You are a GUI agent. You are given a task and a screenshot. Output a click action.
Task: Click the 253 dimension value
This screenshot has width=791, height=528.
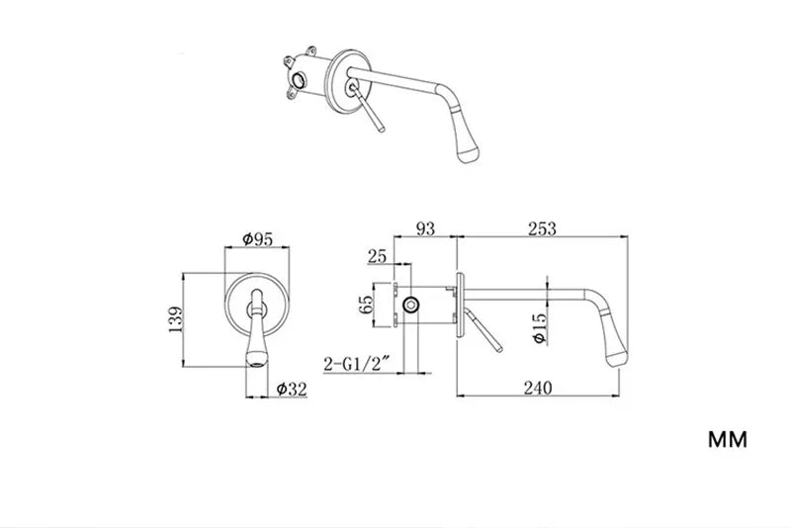pos(542,228)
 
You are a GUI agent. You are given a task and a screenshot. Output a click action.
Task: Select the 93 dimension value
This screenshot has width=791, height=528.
pos(425,228)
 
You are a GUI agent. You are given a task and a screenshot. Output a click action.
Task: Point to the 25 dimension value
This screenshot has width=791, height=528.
pos(377,256)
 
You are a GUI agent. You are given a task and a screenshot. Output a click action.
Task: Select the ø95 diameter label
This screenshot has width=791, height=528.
pos(258,238)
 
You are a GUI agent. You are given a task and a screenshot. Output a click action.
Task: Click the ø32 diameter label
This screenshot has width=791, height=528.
pos(291,389)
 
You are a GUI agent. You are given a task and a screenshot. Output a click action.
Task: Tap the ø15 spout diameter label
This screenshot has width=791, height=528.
pos(538,325)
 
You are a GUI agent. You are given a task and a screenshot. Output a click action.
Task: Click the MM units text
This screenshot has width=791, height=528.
pos(727,438)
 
